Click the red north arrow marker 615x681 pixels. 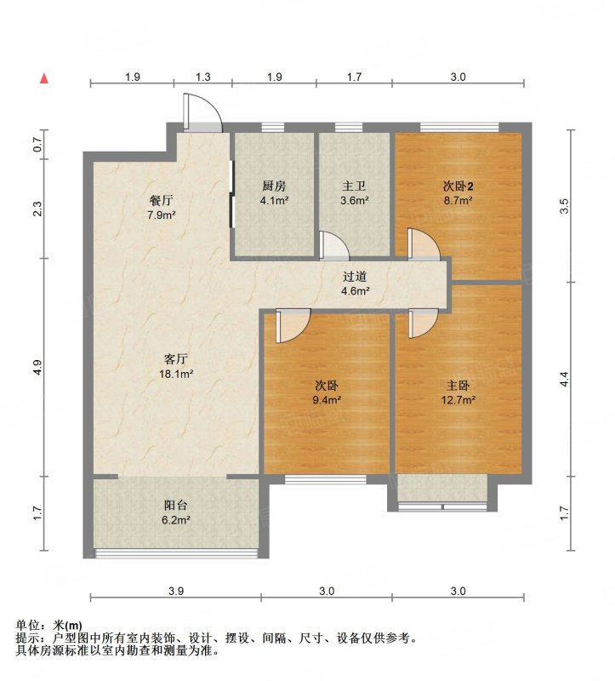(44, 78)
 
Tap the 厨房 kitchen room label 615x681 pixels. (274, 186)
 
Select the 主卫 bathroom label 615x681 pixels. (354, 186)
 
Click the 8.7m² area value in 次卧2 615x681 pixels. (458, 201)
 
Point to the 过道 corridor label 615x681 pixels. (355, 276)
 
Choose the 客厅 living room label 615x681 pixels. (176, 359)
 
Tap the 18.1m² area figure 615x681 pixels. (176, 374)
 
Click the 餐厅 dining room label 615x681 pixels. (162, 200)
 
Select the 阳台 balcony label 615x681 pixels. (176, 505)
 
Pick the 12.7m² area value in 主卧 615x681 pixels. (458, 399)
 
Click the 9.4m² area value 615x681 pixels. (327, 399)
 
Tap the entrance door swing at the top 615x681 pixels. (202, 112)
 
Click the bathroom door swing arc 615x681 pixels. (334, 245)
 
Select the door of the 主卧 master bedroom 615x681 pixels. (423, 323)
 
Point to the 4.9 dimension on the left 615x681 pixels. (37, 368)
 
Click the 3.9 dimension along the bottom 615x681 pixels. (176, 591)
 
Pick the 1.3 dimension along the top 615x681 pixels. (203, 77)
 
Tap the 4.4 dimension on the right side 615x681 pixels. (564, 379)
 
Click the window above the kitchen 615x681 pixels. (273, 127)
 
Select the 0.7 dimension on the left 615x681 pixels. (37, 144)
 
